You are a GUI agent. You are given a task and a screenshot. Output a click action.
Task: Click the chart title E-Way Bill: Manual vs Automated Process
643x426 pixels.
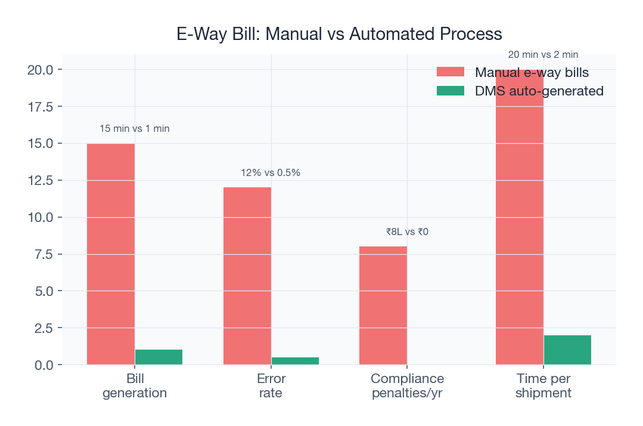coord(339,34)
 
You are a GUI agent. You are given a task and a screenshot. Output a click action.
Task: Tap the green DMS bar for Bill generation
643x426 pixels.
coord(159,357)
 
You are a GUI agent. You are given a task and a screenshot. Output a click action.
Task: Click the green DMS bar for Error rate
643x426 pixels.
coord(295,360)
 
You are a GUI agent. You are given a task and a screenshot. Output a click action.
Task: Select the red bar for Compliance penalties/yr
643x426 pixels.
coord(383,305)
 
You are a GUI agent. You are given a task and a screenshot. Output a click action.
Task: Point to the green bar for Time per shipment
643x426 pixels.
coord(567,350)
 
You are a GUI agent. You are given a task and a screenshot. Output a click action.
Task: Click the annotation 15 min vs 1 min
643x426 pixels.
coord(135,128)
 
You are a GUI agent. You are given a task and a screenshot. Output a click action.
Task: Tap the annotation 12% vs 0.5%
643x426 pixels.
coord(271,172)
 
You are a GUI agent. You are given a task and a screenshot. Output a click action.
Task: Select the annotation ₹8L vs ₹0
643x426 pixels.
coord(407,231)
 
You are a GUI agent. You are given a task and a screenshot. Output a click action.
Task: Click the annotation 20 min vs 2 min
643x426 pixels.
coord(543,54)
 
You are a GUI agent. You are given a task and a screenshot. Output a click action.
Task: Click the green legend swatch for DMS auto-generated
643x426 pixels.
coord(450,91)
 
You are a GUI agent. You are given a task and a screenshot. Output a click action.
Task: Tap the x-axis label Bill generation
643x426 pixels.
coord(135,386)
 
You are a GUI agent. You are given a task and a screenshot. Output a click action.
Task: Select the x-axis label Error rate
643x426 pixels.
coord(271,386)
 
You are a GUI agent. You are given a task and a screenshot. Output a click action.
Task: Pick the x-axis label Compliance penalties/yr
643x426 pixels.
coord(407,386)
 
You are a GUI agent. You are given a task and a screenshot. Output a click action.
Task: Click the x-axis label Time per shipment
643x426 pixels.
coord(543,386)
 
